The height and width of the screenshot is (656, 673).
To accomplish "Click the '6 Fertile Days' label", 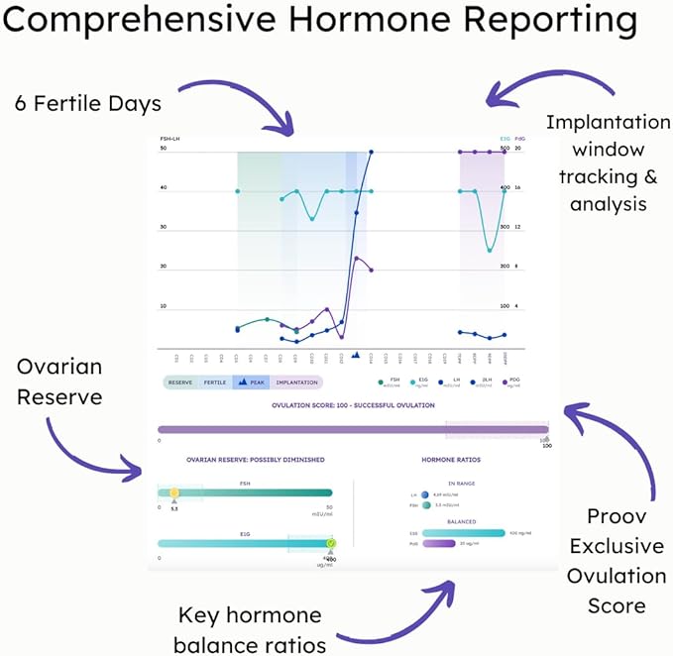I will (x=87, y=104).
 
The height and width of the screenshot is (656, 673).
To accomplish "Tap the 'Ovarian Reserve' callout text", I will (x=59, y=382).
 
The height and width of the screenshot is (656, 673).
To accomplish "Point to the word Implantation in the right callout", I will (x=608, y=123).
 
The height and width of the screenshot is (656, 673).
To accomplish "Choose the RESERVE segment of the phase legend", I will (x=179, y=383).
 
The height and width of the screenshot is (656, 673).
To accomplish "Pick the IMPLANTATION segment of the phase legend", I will (x=296, y=383).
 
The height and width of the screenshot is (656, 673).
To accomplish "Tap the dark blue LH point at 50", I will (x=371, y=152).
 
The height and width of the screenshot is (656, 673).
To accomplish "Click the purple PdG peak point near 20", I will (x=357, y=259).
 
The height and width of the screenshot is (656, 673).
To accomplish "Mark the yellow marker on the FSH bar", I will (x=174, y=492).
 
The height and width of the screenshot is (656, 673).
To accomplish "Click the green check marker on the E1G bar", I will (x=331, y=543).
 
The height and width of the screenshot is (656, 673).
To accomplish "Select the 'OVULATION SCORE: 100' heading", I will (x=353, y=405).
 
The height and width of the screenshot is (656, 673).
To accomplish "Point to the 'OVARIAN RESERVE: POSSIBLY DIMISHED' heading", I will (x=255, y=460).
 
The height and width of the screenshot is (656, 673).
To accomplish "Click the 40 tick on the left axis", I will (x=164, y=188).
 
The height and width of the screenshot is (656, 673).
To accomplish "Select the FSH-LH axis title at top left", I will (x=169, y=139).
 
